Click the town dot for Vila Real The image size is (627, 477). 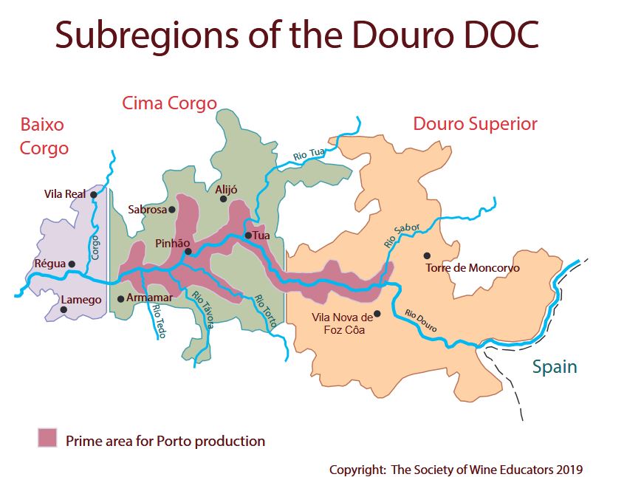coord(94,194)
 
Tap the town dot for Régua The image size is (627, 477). coord(72,264)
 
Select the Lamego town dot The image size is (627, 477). coord(64,309)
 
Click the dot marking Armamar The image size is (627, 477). coord(121,299)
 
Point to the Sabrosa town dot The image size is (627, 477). coord(172,210)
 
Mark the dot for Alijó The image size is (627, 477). coord(224,199)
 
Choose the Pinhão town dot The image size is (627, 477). coord(188,252)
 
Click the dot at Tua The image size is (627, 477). coord(249,236)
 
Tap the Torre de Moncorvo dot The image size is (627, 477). coord(426,256)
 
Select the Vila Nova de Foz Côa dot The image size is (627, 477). coord(377,314)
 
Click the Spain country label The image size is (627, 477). coord(554,367)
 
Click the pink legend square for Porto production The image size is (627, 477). coord(47,438)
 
